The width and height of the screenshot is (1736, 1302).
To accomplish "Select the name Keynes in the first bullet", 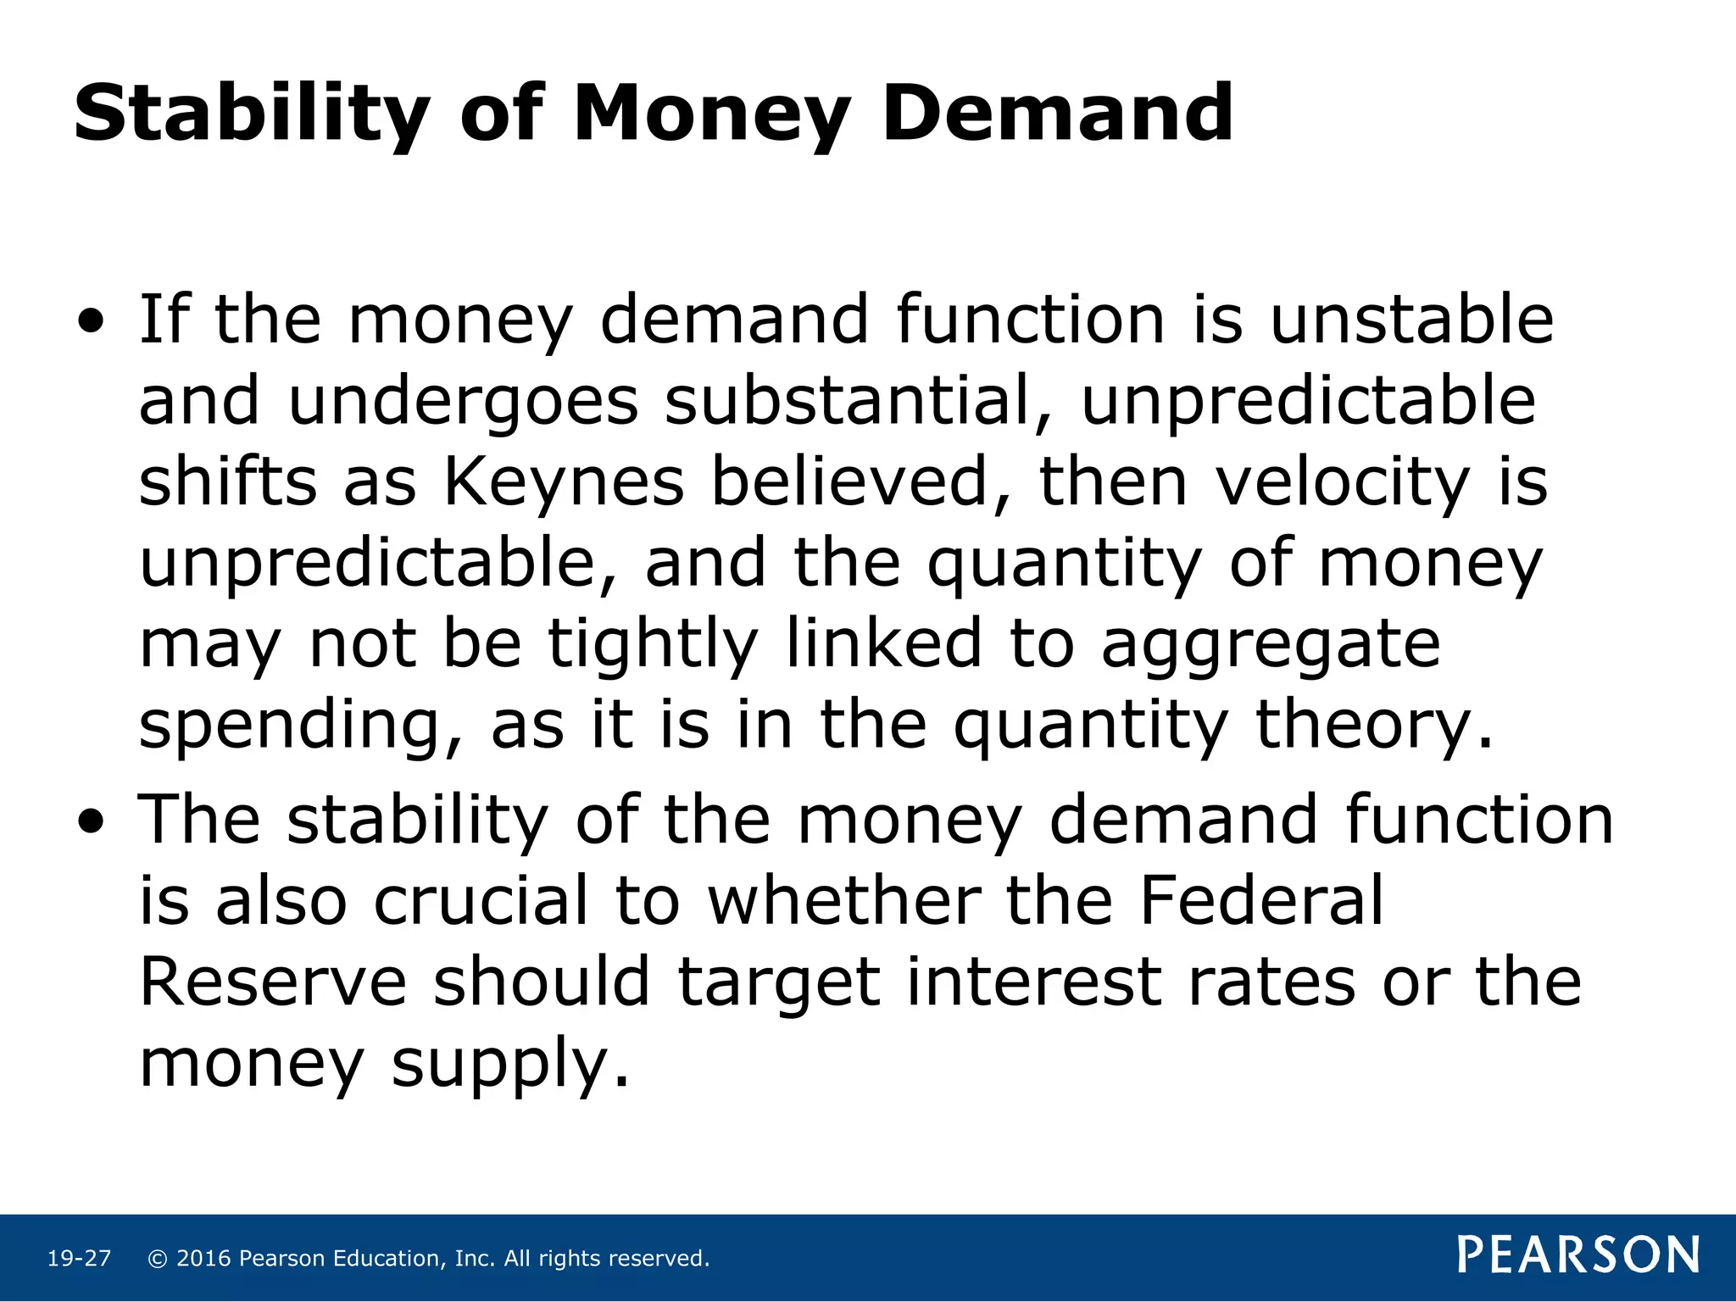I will point(564,482).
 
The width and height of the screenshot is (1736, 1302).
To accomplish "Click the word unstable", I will point(1412,320).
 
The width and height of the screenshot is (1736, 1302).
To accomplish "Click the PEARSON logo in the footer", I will point(1578,1255).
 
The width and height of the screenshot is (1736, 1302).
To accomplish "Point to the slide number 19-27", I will point(79,1259).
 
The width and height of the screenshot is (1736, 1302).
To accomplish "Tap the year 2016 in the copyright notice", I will point(203,1259).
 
